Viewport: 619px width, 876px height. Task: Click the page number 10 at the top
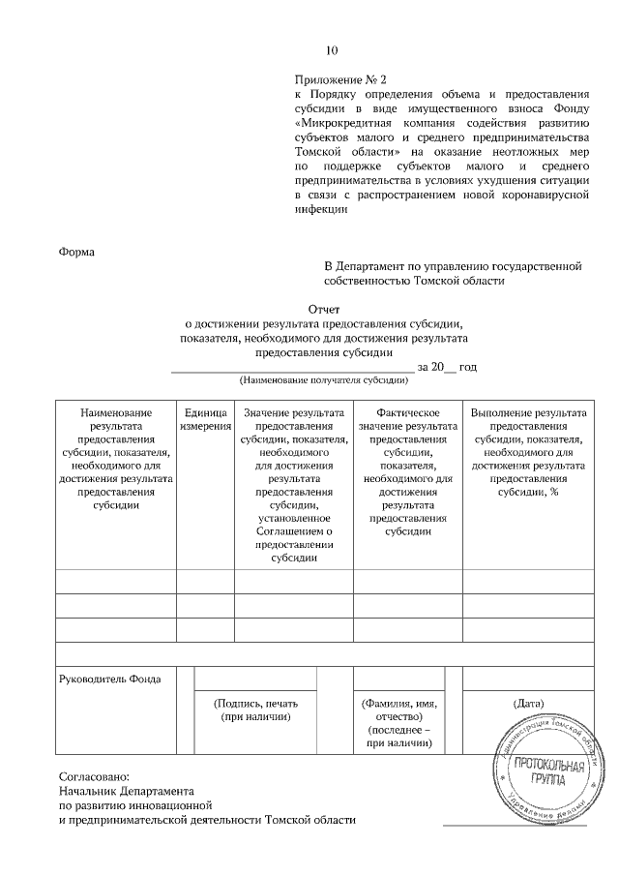pos(334,50)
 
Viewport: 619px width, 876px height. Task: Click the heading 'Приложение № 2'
pos(339,78)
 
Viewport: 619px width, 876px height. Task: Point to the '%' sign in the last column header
pos(555,492)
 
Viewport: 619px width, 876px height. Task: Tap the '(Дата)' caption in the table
pos(528,702)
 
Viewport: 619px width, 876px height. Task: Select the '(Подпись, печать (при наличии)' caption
pos(256,710)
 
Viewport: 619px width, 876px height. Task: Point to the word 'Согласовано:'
pos(93,775)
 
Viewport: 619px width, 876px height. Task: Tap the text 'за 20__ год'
pos(447,367)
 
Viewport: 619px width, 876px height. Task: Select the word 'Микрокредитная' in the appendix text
pos(347,123)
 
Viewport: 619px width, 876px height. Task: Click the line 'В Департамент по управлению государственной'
pos(452,264)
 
